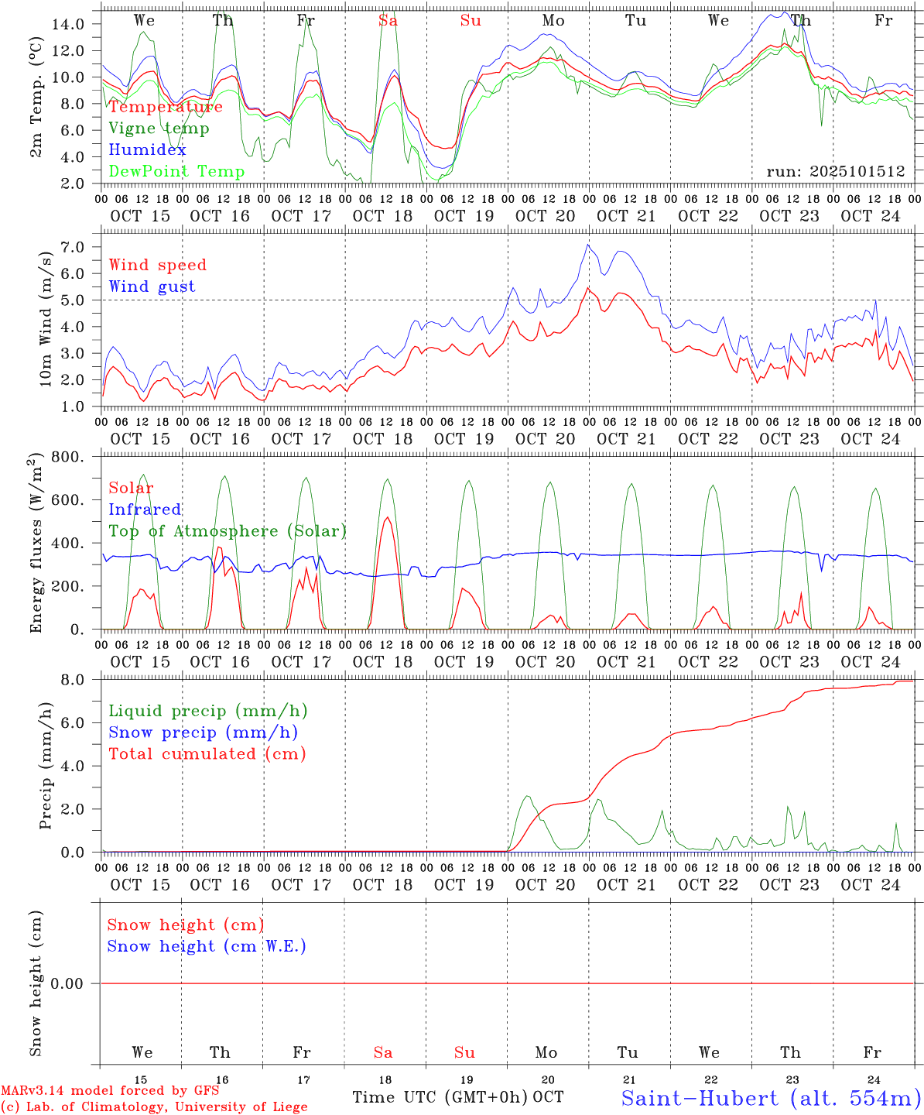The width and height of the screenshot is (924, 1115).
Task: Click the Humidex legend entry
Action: pyautogui.click(x=147, y=149)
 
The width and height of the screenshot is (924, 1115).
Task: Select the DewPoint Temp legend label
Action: pyautogui.click(x=176, y=171)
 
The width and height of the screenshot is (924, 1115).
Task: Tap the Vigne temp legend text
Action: pyautogui.click(x=159, y=128)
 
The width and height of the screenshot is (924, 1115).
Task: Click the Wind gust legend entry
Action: pyautogui.click(x=152, y=286)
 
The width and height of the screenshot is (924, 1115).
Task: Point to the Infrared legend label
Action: pyautogui.click(x=145, y=509)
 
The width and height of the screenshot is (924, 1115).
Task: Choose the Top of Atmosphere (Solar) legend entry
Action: pyautogui.click(x=227, y=531)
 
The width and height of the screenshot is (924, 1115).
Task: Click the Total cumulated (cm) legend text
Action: pyautogui.click(x=207, y=753)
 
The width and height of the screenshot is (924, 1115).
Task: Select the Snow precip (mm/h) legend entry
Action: pyautogui.click(x=203, y=732)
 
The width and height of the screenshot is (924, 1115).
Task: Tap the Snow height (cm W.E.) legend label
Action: pyautogui.click(x=206, y=946)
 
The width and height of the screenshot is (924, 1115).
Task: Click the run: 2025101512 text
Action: pyautogui.click(x=835, y=171)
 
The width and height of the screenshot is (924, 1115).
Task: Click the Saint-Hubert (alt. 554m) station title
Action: pyautogui.click(x=770, y=1097)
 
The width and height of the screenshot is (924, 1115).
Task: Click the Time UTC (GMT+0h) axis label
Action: pyautogui.click(x=440, y=1097)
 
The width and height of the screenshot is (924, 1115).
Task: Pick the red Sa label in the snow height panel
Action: pyautogui.click(x=383, y=1052)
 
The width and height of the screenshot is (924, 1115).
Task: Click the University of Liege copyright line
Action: pyautogui.click(x=154, y=1107)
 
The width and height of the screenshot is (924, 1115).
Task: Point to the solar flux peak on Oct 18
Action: pyautogui.click(x=387, y=517)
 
